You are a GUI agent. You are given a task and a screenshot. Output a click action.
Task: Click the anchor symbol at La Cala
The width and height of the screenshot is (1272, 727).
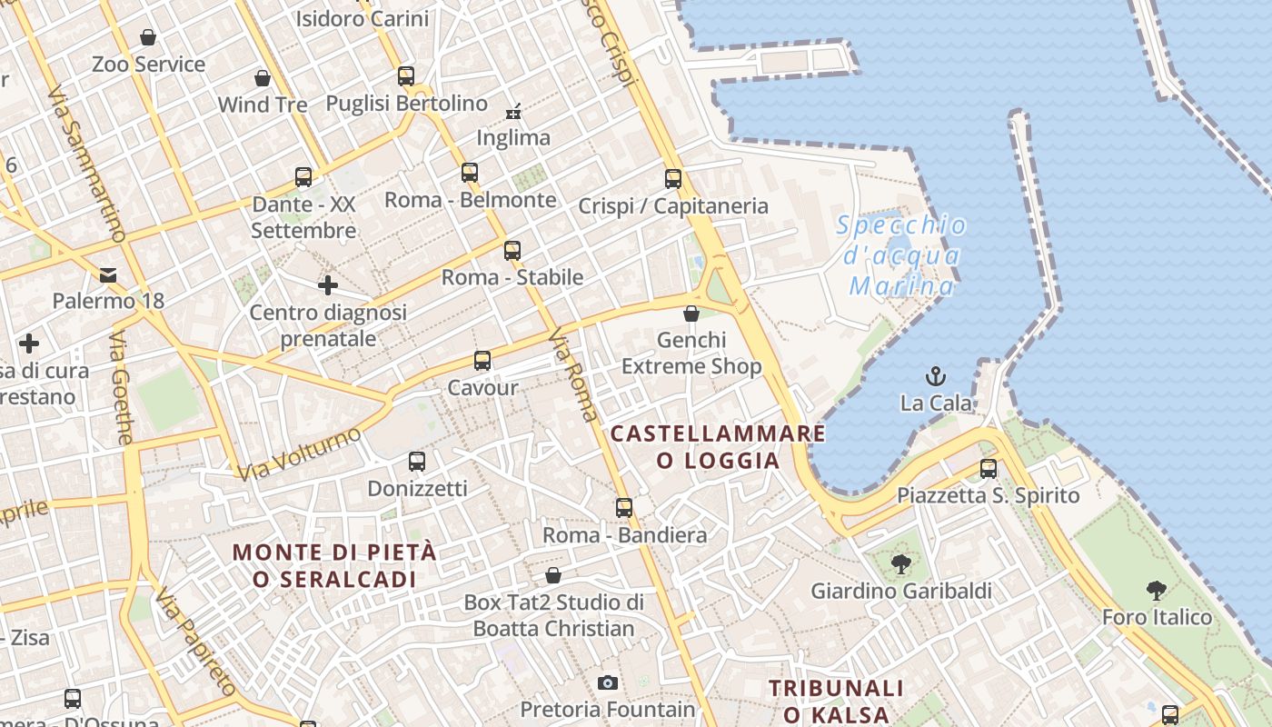pyautogui.click(x=935, y=375)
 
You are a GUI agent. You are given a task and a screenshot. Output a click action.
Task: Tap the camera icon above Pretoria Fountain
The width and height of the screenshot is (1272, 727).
pyautogui.click(x=608, y=682)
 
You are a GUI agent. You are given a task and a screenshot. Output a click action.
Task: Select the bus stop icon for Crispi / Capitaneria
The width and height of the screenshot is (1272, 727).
pyautogui.click(x=673, y=179)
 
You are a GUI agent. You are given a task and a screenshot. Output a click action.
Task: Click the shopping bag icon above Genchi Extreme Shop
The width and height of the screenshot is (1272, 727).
pyautogui.click(x=691, y=314)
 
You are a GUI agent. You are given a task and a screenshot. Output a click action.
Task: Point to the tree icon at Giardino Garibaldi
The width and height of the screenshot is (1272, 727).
pyautogui.click(x=900, y=565)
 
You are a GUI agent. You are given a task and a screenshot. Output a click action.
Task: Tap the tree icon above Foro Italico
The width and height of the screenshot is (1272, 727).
pyautogui.click(x=1157, y=591)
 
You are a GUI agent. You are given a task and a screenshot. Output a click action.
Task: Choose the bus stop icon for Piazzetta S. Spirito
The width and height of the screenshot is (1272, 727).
pyautogui.click(x=989, y=469)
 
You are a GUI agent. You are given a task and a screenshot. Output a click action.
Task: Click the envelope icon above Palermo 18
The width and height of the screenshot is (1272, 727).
pyautogui.click(x=108, y=274)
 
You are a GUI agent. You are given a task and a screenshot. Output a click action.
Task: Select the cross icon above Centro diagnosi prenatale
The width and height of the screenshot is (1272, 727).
pyautogui.click(x=328, y=285)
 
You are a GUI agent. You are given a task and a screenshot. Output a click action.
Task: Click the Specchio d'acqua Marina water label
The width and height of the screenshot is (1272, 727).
pyautogui.click(x=899, y=256)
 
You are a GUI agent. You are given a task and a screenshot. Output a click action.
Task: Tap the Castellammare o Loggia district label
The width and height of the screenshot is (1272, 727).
pyautogui.click(x=718, y=446)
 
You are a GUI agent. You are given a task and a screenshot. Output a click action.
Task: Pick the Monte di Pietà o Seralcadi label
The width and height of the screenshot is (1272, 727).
pyautogui.click(x=334, y=565)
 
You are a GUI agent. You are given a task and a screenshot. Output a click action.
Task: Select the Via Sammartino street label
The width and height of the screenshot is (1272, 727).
pyautogui.click(x=87, y=164)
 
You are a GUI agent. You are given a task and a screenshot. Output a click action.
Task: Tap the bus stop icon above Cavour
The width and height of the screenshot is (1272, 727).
pyautogui.click(x=482, y=361)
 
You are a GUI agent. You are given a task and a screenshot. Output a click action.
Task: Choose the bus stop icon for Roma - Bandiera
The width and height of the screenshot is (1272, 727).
pyautogui.click(x=624, y=507)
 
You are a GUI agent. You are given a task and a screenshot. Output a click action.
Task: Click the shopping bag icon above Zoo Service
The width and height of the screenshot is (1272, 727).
pyautogui.click(x=148, y=37)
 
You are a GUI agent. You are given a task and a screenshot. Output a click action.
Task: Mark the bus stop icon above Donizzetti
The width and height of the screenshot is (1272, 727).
pyautogui.click(x=417, y=462)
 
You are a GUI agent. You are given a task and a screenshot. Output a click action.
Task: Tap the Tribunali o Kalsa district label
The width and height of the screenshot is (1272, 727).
pyautogui.click(x=836, y=701)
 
